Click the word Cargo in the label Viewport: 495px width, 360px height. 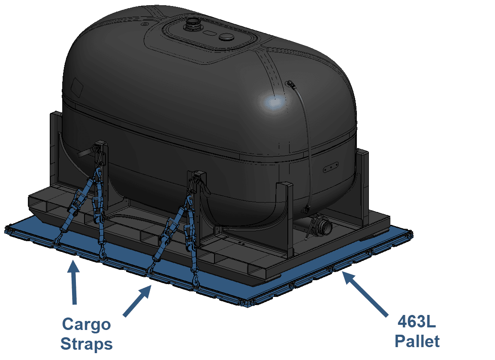86,325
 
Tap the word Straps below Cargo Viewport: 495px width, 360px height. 87,344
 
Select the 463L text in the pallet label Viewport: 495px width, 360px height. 417,322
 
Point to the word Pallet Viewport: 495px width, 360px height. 417,342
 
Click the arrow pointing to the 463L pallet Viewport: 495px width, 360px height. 365,293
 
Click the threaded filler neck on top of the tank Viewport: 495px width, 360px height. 191,24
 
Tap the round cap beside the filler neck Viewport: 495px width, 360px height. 226,37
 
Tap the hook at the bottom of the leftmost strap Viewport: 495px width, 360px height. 58,241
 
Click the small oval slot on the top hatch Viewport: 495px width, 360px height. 208,33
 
